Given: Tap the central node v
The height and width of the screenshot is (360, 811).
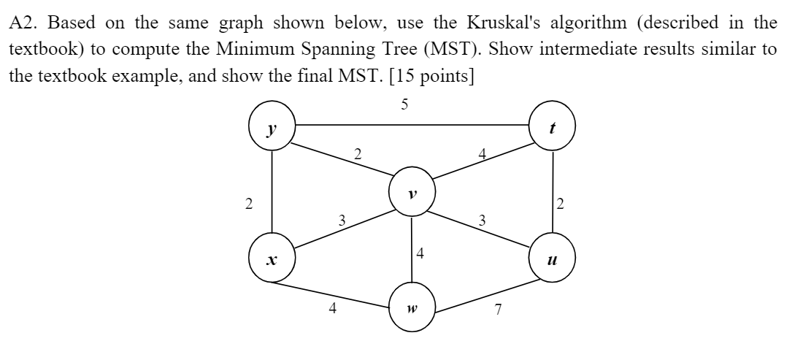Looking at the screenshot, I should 412,194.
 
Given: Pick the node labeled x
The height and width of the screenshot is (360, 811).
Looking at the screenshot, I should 272,258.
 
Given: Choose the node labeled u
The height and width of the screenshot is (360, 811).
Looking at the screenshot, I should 553,258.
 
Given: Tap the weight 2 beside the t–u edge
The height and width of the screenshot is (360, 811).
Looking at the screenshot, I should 560,204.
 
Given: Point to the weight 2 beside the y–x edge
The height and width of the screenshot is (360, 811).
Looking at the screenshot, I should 250,204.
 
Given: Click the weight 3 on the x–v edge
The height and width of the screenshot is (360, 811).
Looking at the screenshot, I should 341,218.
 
